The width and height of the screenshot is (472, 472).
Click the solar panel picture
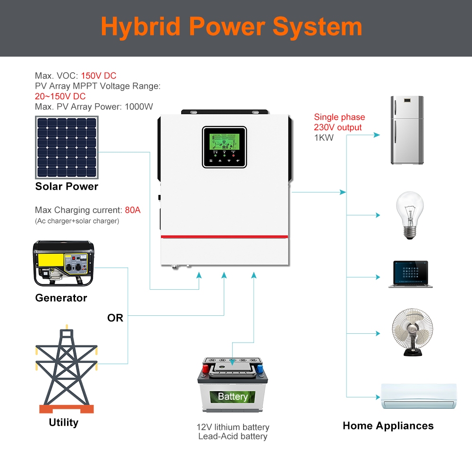click(67, 147)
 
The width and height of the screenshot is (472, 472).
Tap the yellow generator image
click(63, 264)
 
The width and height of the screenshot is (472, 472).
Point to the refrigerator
click(407, 130)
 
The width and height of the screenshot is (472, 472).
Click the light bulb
click(409, 215)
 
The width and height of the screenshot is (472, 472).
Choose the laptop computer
click(411, 274)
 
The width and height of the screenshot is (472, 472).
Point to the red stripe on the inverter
click(224, 236)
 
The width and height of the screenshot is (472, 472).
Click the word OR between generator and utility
click(115, 318)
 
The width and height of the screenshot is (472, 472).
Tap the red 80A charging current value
click(133, 210)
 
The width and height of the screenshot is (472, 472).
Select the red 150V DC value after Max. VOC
click(98, 76)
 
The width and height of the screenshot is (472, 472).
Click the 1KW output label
click(324, 138)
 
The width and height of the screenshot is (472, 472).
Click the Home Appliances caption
click(388, 426)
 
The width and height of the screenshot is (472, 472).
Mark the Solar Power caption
click(67, 186)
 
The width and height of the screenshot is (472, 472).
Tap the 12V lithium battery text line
click(233, 427)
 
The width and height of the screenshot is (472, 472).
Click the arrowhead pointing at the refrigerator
click(377, 135)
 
